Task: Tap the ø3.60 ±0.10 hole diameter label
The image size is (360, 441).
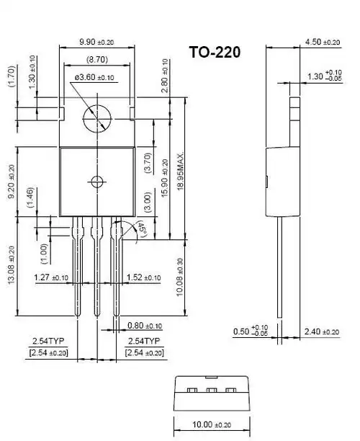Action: [94, 76]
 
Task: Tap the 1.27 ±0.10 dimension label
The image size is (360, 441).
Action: [51, 277]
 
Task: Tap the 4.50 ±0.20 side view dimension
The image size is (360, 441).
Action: [323, 42]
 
